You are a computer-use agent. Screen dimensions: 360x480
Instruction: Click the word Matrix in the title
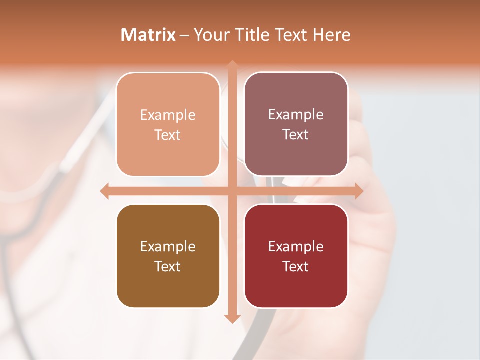(x=148, y=35)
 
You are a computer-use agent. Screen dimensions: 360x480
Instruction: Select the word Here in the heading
(x=331, y=35)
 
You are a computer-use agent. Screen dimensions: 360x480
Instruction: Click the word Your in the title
(x=210, y=35)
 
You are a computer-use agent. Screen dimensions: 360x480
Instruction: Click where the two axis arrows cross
(x=232, y=191)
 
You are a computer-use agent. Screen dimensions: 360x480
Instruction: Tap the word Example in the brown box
(x=168, y=246)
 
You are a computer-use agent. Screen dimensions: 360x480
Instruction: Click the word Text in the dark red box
(x=296, y=266)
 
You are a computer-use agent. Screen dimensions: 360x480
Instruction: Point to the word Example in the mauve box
(x=296, y=114)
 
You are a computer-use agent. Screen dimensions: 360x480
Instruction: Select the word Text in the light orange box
(x=168, y=135)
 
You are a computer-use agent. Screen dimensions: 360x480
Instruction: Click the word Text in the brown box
(x=168, y=266)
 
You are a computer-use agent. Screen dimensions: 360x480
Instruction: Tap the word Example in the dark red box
(x=296, y=246)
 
